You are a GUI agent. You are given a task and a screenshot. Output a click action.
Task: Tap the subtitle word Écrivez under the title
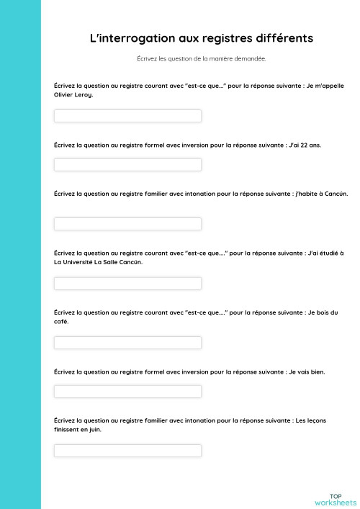pos(148,59)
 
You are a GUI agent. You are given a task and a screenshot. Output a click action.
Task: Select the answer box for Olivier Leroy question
pos(127,116)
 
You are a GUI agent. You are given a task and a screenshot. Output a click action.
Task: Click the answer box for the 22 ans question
pos(127,165)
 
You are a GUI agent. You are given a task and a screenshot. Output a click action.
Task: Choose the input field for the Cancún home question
pos(127,224)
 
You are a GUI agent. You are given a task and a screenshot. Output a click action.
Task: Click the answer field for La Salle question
pos(127,284)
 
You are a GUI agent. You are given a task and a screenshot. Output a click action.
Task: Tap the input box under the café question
pos(127,343)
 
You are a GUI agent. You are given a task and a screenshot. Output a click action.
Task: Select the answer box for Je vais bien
pos(127,392)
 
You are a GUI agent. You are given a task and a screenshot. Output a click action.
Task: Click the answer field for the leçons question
pos(127,451)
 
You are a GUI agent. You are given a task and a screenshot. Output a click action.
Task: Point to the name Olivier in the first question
pos(63,94)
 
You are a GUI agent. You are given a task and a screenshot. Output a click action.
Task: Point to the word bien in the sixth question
pos(318,371)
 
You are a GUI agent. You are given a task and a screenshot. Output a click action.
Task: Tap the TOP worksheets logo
pos(335,499)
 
